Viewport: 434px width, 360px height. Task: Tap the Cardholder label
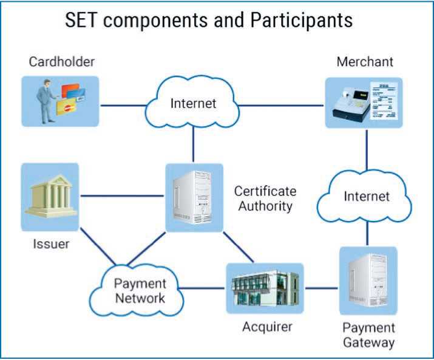tap(62, 61)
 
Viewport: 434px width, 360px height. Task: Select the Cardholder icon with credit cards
tap(60, 101)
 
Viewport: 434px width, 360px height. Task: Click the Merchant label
tap(365, 61)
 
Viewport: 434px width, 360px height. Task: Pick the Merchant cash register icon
tap(364, 102)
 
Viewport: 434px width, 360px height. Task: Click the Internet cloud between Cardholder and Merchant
tap(193, 103)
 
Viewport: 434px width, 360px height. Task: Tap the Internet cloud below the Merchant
tap(367, 197)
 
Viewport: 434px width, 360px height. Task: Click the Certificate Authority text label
tap(265, 199)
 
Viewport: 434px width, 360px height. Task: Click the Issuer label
tap(52, 244)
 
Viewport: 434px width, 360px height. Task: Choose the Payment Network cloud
tap(139, 290)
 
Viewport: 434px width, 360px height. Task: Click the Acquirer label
tap(267, 327)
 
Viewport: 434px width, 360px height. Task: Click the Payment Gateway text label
tap(368, 335)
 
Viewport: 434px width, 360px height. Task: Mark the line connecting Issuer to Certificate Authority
tap(122, 195)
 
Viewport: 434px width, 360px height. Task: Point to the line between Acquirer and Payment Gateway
tap(321, 288)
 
